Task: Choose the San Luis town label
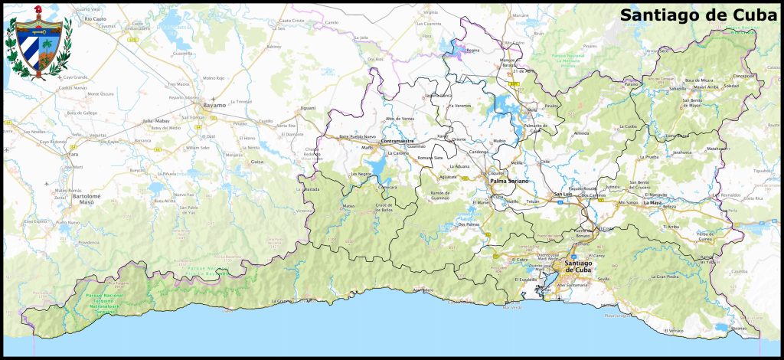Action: point(563,195)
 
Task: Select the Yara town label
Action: point(73,154)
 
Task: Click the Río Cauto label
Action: point(95,18)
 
